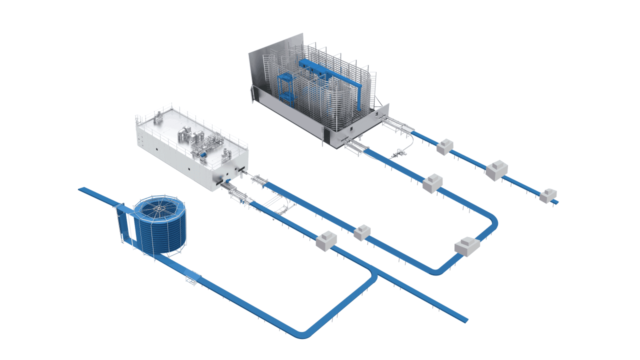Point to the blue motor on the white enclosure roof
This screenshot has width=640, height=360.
[203, 156]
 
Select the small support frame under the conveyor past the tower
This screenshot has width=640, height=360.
[192, 278]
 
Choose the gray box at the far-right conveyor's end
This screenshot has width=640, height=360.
[548, 195]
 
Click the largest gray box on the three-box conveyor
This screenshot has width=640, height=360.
[496, 170]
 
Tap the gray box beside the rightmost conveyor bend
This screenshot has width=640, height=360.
[467, 246]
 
